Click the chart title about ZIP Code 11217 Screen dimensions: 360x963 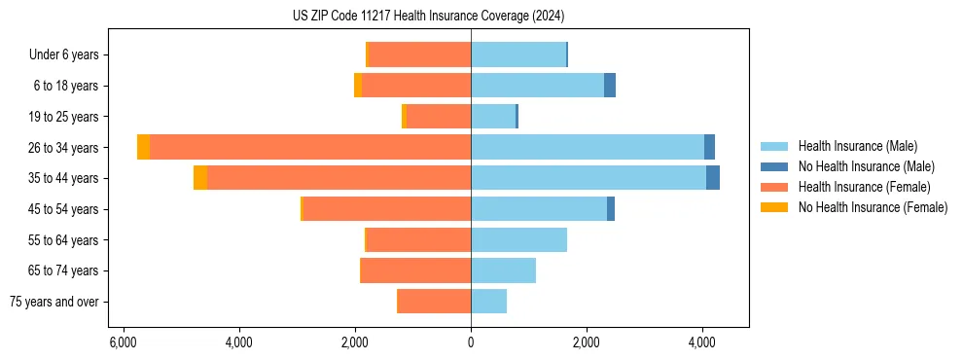(x=428, y=17)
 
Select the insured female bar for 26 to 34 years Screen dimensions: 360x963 (x=310, y=147)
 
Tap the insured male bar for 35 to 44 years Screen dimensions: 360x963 (x=588, y=178)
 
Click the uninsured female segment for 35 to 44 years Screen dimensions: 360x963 (x=200, y=178)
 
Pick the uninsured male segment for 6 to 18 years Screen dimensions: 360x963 (x=610, y=86)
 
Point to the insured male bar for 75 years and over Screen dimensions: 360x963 (x=488, y=302)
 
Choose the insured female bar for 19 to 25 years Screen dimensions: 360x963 (x=439, y=117)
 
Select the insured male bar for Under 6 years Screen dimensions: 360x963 (x=518, y=54)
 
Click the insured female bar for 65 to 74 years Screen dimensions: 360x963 (x=415, y=270)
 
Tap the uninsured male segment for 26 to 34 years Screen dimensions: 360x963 (x=709, y=147)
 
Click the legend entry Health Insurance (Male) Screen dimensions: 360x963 (x=857, y=146)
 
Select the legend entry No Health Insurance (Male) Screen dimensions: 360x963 (x=866, y=166)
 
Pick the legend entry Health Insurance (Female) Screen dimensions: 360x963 (x=865, y=187)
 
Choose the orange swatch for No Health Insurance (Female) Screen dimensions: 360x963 (x=775, y=207)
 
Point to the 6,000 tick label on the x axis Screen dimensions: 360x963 (x=123, y=342)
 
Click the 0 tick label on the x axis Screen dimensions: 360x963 (x=471, y=342)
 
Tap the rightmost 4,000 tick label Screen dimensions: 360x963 (x=702, y=342)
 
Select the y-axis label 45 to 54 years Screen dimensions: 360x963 (x=64, y=209)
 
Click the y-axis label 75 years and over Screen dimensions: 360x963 (x=54, y=302)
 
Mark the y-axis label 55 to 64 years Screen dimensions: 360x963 (x=64, y=240)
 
